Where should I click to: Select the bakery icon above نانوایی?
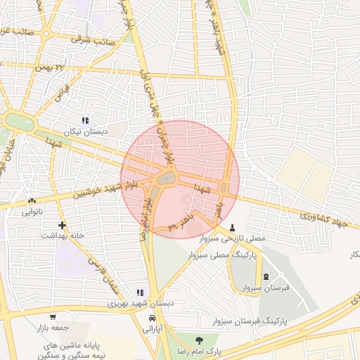(x=32, y=200)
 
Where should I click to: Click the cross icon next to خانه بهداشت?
(x=63, y=225)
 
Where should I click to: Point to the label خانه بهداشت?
(x=62, y=236)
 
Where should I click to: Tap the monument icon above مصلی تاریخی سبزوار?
(x=233, y=228)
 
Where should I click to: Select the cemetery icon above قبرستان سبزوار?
(x=265, y=276)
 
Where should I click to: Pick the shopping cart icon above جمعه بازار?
(x=52, y=316)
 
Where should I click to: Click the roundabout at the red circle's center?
(x=167, y=179)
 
